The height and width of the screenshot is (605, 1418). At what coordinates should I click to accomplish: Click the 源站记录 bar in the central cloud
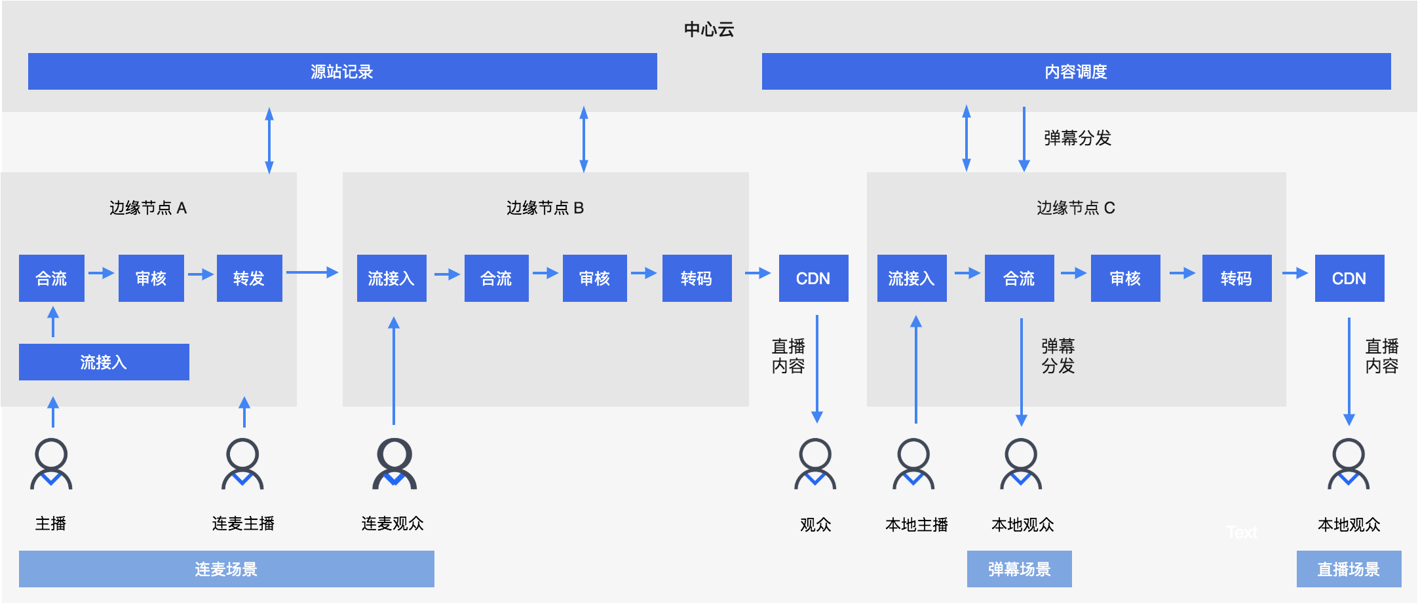tap(342, 71)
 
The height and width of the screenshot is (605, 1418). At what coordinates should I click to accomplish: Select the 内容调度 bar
tap(1075, 71)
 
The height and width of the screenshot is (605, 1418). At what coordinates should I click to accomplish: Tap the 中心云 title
tap(708, 29)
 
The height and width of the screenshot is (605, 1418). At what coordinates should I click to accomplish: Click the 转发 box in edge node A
tap(249, 278)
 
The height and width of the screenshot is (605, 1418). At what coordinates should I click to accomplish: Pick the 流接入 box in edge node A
tap(104, 362)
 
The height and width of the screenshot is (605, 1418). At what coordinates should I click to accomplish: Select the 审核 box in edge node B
tap(594, 278)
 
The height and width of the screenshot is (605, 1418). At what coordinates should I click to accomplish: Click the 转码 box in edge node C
tap(1236, 278)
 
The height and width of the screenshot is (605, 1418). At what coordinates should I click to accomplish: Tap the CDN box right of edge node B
tap(813, 278)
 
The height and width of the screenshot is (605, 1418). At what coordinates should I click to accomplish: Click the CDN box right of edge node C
tap(1349, 278)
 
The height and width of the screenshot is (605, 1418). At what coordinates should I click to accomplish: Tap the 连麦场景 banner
tap(226, 569)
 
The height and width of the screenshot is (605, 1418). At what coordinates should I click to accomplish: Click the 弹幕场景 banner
tap(1019, 569)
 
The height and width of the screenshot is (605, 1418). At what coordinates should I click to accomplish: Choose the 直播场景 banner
tap(1349, 569)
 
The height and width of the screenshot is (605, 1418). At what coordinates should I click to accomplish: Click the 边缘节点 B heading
tap(545, 208)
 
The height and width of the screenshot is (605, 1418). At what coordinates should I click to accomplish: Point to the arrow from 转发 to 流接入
tap(312, 272)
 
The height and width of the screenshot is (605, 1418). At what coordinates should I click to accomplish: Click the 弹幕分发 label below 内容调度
tap(1077, 138)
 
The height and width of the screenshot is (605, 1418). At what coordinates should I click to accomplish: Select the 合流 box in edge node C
tap(1019, 278)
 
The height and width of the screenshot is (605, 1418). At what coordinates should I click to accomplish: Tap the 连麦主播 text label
tap(243, 523)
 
